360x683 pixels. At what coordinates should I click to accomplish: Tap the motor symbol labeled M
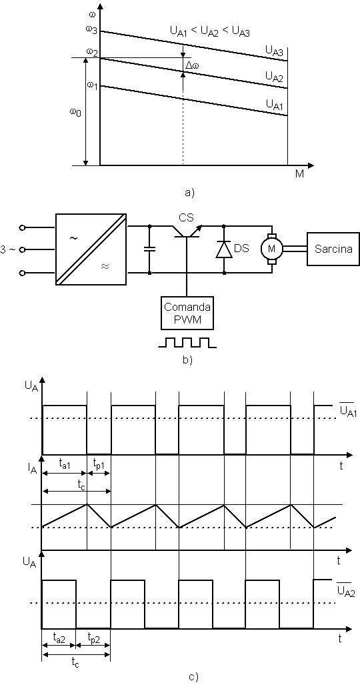tap(271, 248)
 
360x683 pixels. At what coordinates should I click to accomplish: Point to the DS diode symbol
tap(224, 249)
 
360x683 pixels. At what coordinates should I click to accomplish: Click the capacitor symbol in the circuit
tap(150, 249)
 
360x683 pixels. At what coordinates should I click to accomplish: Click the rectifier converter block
tap(91, 249)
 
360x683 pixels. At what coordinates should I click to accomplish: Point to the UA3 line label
tap(274, 51)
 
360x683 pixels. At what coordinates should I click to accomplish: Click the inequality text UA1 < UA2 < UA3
tap(210, 32)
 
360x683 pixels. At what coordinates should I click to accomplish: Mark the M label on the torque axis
tap(299, 174)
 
